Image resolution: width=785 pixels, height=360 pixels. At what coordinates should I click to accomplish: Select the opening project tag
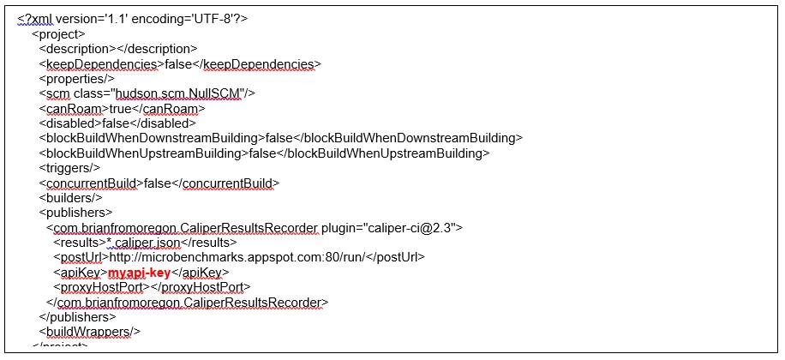click(57, 34)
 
